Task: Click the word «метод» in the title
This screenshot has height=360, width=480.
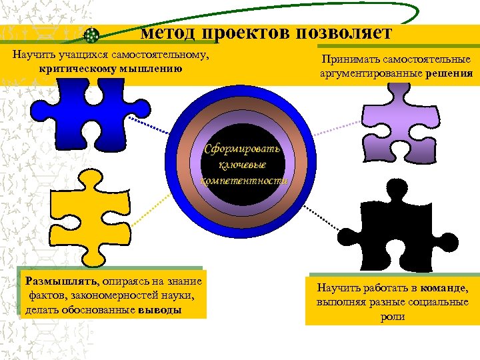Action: coord(167,33)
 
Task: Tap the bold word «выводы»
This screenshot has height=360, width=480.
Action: coord(160,310)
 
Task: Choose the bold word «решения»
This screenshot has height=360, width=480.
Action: coord(449,73)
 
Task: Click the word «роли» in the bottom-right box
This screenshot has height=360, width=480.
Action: coord(393,317)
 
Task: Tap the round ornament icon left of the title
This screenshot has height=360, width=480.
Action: coord(93,34)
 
